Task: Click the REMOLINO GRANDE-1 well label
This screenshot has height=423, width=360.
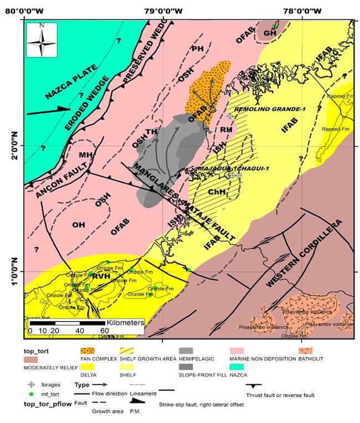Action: [270, 110]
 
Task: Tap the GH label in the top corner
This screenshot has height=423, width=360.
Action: [270, 33]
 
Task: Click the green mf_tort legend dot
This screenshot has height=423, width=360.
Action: [32, 394]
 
